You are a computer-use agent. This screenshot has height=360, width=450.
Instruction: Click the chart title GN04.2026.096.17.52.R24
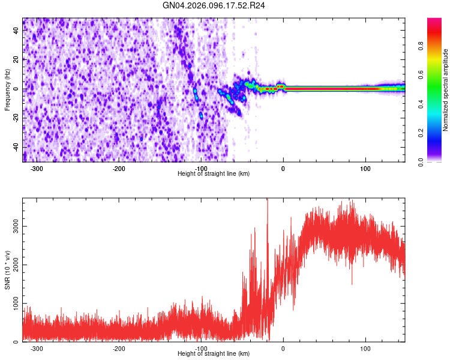click(214, 5)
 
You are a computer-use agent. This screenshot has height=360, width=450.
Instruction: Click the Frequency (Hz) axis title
click(7, 90)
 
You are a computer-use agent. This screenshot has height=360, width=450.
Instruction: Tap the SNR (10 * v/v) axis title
click(7, 270)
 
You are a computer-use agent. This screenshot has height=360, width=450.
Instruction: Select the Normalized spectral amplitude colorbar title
click(445, 90)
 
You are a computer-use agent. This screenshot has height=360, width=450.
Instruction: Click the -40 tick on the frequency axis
click(16, 147)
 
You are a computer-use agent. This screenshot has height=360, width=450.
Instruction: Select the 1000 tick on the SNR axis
click(13, 303)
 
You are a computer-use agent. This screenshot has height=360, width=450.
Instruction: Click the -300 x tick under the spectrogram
click(37, 169)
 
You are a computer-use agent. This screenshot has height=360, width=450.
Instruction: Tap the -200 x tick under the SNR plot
click(119, 349)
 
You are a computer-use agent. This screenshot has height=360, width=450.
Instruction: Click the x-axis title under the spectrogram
click(214, 174)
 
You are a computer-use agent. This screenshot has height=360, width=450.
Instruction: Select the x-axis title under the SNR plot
click(214, 354)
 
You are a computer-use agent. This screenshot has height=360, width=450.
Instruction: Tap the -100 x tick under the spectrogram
click(201, 169)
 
